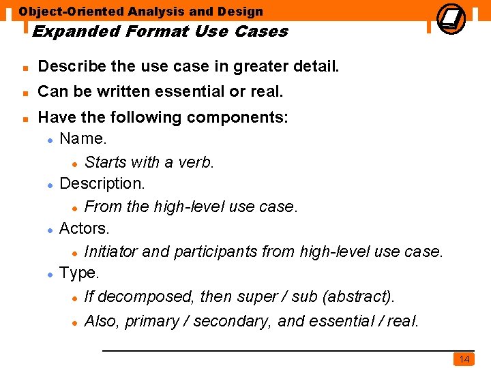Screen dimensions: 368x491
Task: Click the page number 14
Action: click(x=464, y=359)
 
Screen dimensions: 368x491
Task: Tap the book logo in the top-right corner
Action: click(x=450, y=18)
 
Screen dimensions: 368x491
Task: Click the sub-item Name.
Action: click(x=83, y=139)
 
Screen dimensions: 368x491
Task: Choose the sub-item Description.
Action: click(x=102, y=184)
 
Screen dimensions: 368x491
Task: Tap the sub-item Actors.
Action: click(x=85, y=228)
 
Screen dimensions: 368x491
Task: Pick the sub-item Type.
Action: click(x=79, y=273)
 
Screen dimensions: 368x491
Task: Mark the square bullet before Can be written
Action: click(x=25, y=92)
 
